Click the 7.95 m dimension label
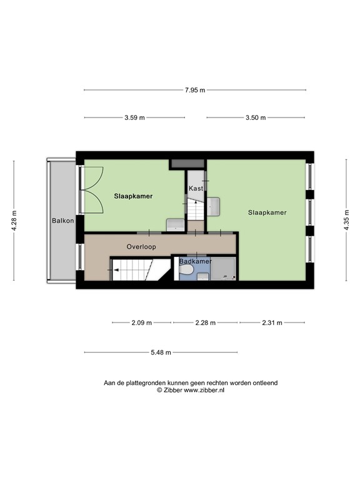point(195,90)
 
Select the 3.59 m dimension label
point(134,117)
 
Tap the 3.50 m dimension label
point(256,117)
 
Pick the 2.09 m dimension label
point(141,323)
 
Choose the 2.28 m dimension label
point(205,323)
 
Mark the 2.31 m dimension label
point(272,323)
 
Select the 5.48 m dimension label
point(161,352)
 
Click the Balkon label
point(62,221)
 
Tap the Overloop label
point(141,247)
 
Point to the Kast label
point(196,188)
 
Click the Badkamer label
point(195,261)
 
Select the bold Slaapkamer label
point(133,196)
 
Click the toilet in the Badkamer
point(186,271)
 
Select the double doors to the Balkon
point(92,189)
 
